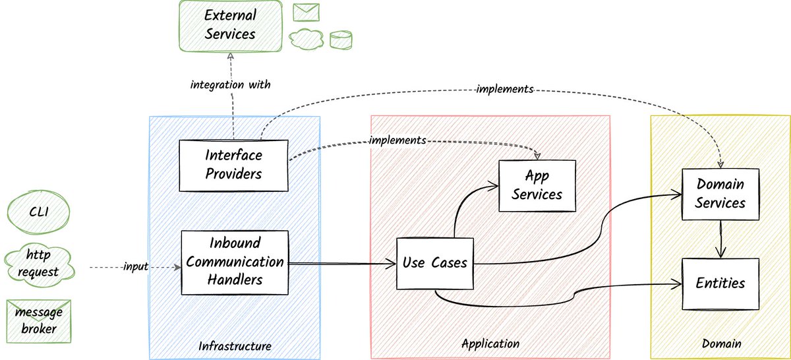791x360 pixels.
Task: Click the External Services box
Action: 231,26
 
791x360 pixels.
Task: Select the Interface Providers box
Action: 233,165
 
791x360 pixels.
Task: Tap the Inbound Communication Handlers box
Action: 235,262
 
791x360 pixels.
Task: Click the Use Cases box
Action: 434,263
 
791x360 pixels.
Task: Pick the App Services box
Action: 537,186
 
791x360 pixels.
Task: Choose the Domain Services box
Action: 720,194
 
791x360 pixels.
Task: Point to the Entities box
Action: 720,284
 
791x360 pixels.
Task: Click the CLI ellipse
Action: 38,212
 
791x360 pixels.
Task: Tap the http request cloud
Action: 39,264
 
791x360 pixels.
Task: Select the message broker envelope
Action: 39,321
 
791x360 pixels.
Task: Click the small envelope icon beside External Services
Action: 306,13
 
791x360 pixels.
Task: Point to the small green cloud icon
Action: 306,38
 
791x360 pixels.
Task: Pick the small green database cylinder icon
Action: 341,40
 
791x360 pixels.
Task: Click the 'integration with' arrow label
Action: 230,85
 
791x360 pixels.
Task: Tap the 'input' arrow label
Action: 136,266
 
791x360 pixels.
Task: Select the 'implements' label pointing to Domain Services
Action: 505,89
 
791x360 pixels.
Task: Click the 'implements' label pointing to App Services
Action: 397,140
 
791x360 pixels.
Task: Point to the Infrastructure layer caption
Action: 235,346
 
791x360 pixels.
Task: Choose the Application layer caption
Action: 490,344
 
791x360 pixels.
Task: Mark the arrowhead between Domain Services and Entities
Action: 720,253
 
